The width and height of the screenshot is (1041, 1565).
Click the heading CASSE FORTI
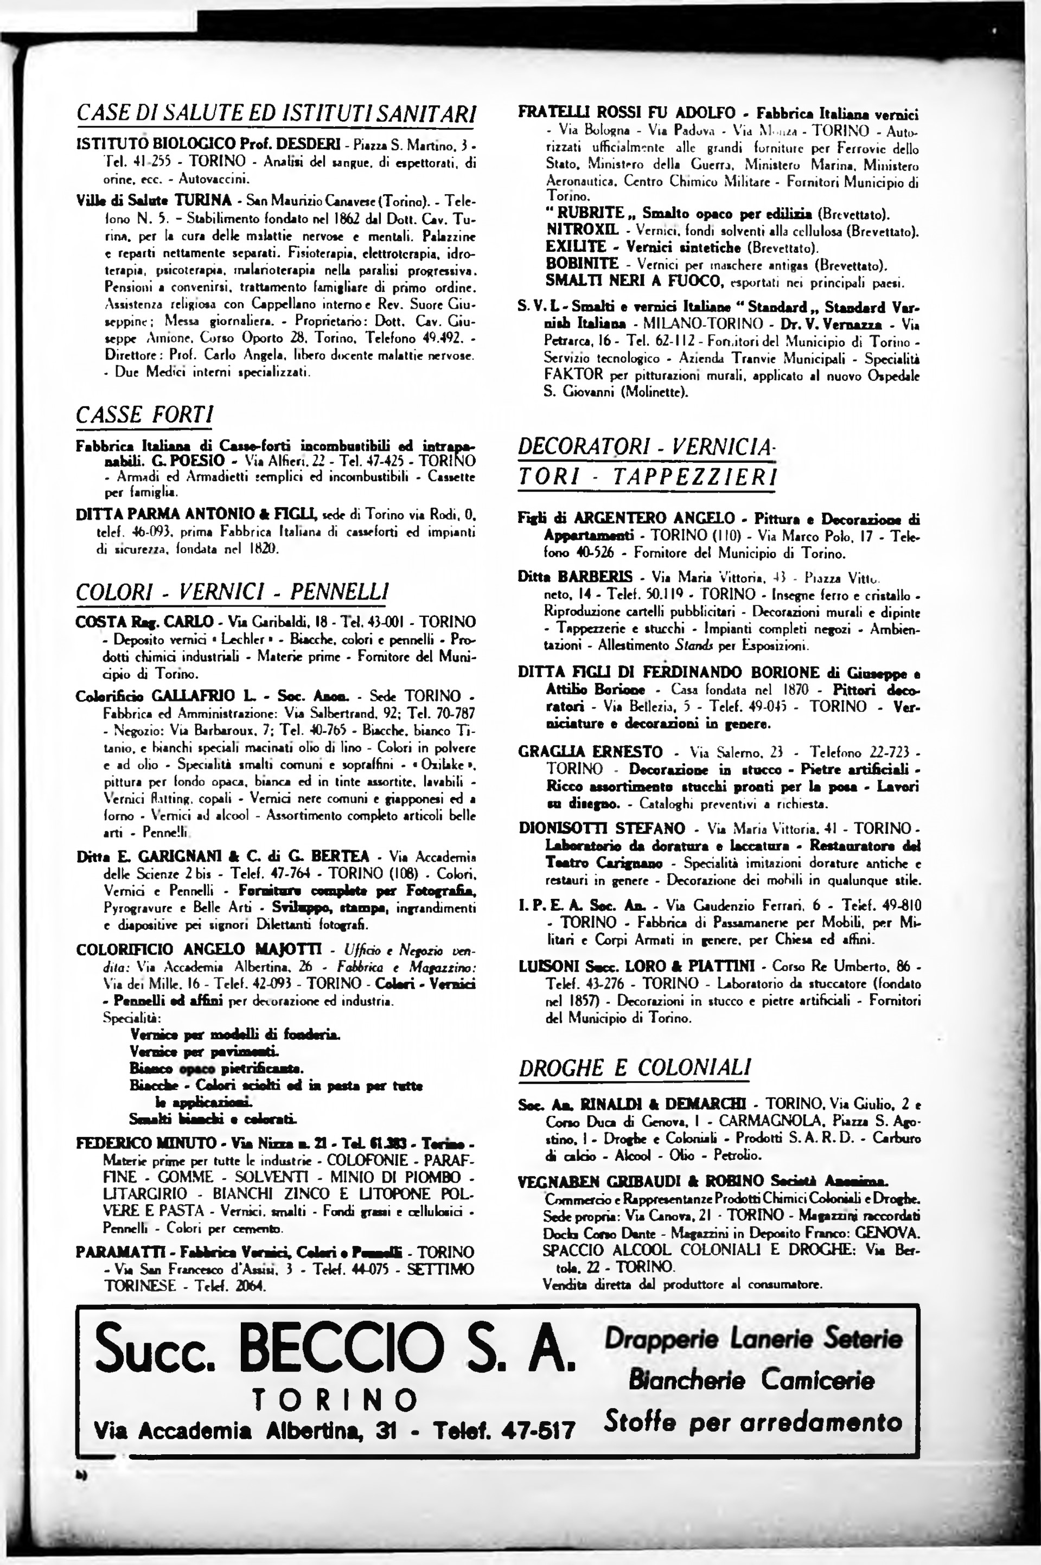click(x=145, y=415)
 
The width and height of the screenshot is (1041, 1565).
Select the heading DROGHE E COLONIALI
click(x=635, y=1068)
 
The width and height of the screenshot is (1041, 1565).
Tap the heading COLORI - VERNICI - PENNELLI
click(x=232, y=591)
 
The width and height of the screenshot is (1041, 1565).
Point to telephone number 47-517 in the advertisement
click(x=538, y=1428)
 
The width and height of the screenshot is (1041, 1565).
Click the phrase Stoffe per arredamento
click(x=753, y=1422)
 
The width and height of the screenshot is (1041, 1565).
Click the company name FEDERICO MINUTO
click(x=146, y=1143)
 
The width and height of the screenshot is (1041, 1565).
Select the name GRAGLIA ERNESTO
click(x=590, y=752)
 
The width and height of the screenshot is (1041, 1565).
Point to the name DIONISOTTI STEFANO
click(x=602, y=828)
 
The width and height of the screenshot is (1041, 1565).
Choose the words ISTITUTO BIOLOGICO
click(x=156, y=143)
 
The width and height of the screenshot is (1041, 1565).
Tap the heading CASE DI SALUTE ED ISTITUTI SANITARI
click(x=276, y=113)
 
